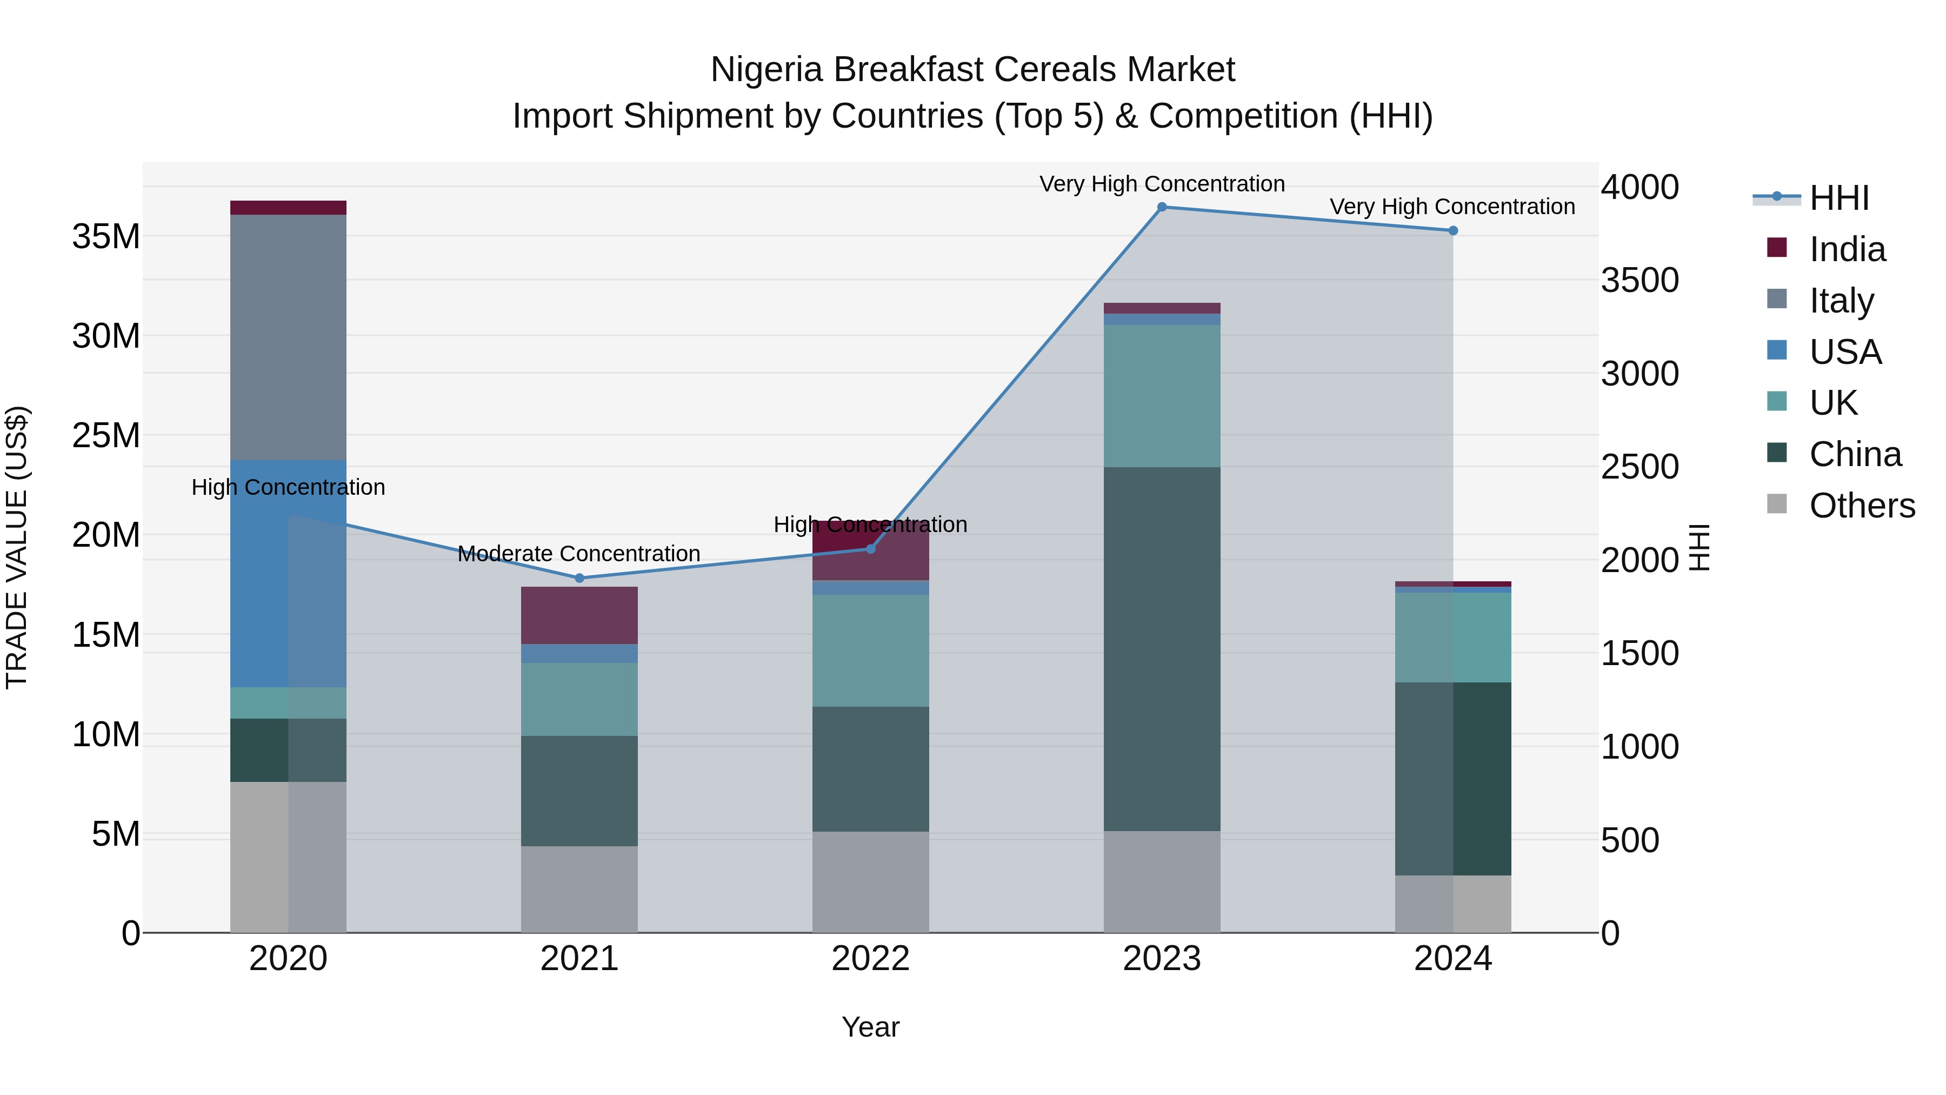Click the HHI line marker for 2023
1162,207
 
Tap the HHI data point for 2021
579,578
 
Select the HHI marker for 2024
1452,230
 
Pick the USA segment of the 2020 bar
288,574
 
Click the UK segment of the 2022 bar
870,650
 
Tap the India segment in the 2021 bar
579,615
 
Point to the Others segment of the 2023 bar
1162,881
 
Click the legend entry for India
1847,249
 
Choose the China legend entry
1854,454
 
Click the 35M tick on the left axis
106,236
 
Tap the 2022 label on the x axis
870,958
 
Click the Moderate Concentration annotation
579,554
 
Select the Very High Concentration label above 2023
1162,184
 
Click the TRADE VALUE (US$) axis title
17,547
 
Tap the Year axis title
870,1027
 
